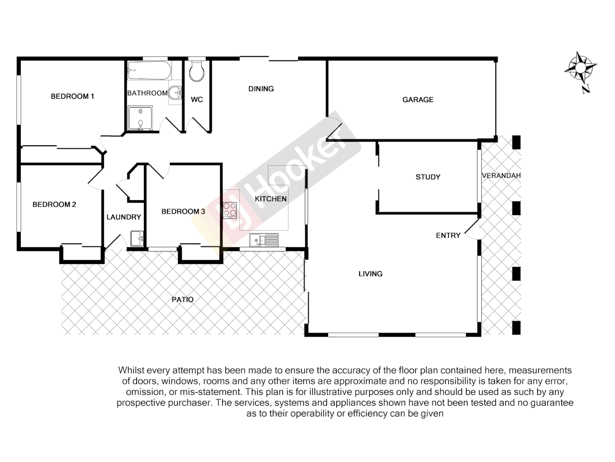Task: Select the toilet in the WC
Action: tap(196, 72)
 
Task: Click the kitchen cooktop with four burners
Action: tap(230, 210)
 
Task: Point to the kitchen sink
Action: tap(264, 240)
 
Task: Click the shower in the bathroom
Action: tap(141, 118)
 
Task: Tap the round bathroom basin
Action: tap(176, 92)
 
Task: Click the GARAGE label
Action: tap(418, 100)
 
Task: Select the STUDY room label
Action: tap(428, 177)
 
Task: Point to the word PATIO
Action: tap(182, 299)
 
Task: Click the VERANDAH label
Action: tap(501, 175)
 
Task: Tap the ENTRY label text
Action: tap(448, 235)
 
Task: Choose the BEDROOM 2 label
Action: tap(54, 204)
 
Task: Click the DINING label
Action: tap(261, 89)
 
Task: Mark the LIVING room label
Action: tap(370, 274)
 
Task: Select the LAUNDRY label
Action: tap(123, 217)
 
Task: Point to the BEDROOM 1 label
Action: tap(72, 96)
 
